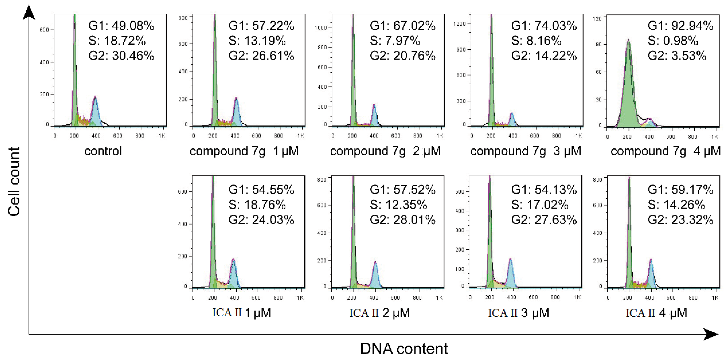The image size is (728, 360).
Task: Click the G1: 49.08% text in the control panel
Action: (x=121, y=26)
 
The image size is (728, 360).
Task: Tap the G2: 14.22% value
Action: (x=544, y=56)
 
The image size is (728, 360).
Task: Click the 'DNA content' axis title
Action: (x=403, y=349)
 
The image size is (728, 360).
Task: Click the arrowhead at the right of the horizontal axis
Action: (x=711, y=334)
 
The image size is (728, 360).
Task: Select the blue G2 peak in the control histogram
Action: (x=96, y=113)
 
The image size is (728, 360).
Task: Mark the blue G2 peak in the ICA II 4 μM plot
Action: (x=651, y=276)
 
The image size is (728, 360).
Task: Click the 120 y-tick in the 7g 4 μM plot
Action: (x=597, y=19)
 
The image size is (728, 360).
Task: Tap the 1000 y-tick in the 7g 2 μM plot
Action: (x=321, y=28)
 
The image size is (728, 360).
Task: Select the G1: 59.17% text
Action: (x=680, y=190)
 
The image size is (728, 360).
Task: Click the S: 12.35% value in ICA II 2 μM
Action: (x=399, y=205)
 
